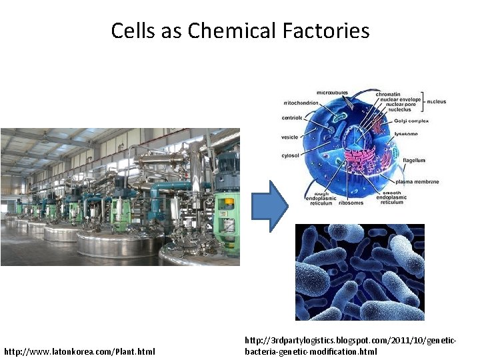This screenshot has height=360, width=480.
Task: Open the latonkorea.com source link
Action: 79,351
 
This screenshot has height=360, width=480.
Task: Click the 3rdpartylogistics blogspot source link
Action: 351,345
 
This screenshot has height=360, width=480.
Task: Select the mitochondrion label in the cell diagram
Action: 301,103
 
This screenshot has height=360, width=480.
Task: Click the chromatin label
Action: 388,94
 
